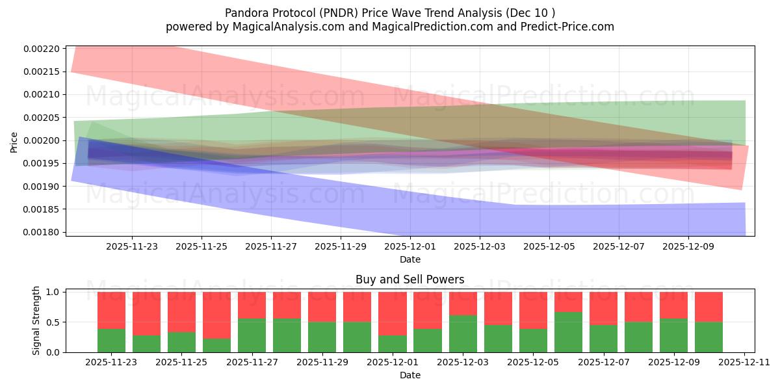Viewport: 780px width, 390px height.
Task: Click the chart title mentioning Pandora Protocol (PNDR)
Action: click(390, 13)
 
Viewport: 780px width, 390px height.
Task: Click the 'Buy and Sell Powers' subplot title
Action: click(409, 280)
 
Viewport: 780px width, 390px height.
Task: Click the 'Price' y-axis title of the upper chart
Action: click(14, 141)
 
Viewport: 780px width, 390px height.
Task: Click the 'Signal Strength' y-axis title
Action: click(36, 320)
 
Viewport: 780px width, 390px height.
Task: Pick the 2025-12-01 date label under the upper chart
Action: click(410, 247)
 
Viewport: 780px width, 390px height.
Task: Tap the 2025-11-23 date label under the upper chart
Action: click(132, 247)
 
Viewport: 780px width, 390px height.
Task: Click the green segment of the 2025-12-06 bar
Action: click(568, 332)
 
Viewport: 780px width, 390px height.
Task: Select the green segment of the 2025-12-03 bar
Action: click(463, 333)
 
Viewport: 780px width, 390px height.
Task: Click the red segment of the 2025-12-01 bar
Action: click(393, 313)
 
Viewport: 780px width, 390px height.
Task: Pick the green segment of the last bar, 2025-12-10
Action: click(708, 337)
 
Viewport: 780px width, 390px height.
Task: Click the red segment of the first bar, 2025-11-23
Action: click(111, 310)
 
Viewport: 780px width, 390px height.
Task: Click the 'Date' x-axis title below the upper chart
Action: click(409, 259)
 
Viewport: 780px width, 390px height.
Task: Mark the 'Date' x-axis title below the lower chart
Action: click(409, 375)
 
